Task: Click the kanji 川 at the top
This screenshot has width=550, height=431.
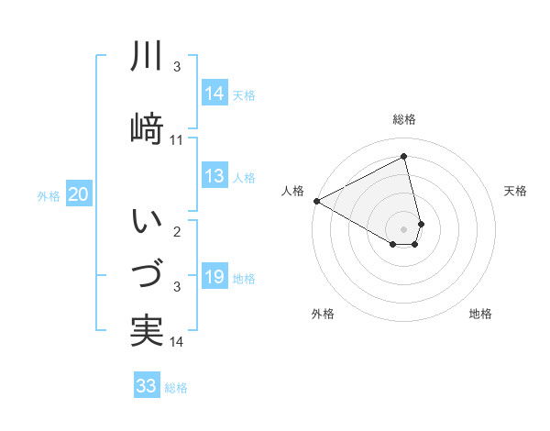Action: point(147,58)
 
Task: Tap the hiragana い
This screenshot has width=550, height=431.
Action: point(147,221)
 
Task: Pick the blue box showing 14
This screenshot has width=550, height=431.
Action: point(214,94)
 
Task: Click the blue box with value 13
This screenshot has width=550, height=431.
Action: point(214,176)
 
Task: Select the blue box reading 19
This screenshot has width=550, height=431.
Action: point(214,278)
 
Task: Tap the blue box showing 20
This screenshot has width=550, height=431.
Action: point(79,194)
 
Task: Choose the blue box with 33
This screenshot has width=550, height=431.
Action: point(147,386)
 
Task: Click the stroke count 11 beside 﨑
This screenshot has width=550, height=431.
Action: point(177,139)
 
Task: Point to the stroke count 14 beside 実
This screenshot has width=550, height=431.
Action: point(177,342)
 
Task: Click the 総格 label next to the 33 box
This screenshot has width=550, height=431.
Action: point(176,388)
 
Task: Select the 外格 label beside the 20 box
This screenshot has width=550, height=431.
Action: point(49,195)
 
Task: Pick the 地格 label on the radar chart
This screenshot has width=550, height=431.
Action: point(480,314)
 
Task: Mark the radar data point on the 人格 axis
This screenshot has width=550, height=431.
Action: point(316,201)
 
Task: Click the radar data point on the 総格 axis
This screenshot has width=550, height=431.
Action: point(404,157)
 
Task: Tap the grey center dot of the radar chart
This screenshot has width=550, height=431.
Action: point(404,228)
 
